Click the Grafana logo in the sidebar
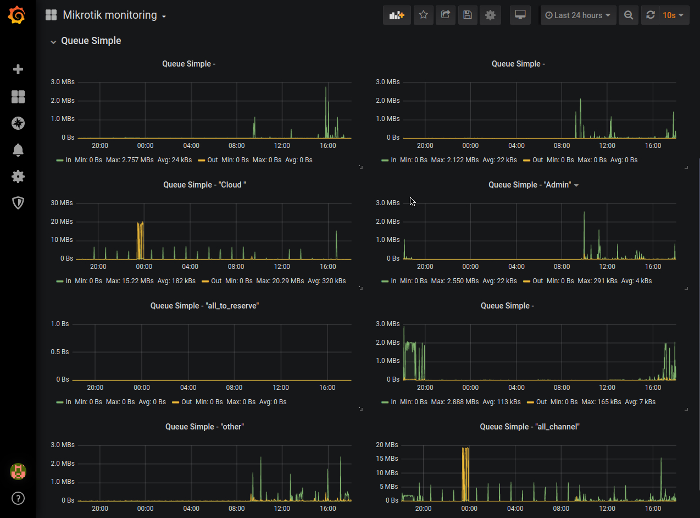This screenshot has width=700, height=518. pyautogui.click(x=18, y=15)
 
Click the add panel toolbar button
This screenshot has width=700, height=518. pyautogui.click(x=396, y=15)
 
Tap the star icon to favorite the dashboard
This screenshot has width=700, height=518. pyautogui.click(x=423, y=15)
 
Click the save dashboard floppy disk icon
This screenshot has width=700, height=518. pyautogui.click(x=468, y=15)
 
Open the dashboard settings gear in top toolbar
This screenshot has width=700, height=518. pyautogui.click(x=490, y=15)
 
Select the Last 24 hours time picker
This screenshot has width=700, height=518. pyautogui.click(x=578, y=15)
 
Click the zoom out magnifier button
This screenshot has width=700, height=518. pyautogui.click(x=629, y=15)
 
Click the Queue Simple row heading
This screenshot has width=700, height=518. pyautogui.click(x=91, y=41)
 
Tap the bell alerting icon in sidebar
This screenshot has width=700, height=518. pyautogui.click(x=18, y=150)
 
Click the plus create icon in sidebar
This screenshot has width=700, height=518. pyautogui.click(x=18, y=69)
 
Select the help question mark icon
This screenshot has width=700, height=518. pyautogui.click(x=18, y=498)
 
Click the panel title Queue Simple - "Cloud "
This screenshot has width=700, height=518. pyautogui.click(x=204, y=185)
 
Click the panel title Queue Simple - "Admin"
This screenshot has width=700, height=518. pyautogui.click(x=530, y=185)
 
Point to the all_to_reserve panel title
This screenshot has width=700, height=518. pyautogui.click(x=204, y=306)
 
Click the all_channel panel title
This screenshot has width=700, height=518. pyautogui.click(x=530, y=427)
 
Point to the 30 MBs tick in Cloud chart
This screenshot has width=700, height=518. pyautogui.click(x=62, y=203)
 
